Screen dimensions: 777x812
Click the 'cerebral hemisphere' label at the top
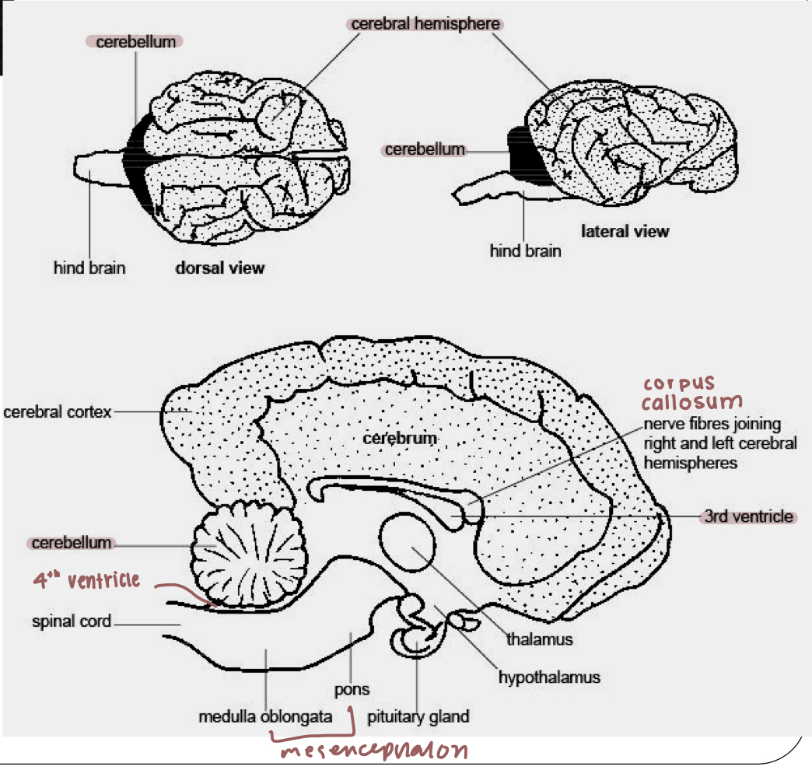click(425, 24)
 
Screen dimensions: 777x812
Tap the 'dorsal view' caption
click(219, 268)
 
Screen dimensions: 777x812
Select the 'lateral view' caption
click(625, 231)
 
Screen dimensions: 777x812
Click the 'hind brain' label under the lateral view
click(525, 251)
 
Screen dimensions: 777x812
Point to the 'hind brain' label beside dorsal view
click(89, 268)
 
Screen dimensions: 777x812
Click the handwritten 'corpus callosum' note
click(690, 394)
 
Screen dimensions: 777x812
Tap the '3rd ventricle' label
click(748, 516)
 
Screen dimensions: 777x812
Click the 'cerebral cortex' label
click(58, 411)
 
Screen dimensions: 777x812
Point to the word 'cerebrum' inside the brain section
click(400, 439)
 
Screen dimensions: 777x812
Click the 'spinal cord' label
click(72, 621)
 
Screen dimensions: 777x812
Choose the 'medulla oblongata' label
click(265, 716)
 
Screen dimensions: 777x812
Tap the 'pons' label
click(352, 690)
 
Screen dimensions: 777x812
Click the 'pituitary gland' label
click(418, 716)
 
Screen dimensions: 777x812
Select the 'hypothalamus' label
click(549, 677)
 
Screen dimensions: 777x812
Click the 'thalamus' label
click(540, 639)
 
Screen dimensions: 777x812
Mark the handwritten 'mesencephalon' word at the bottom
click(374, 751)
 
